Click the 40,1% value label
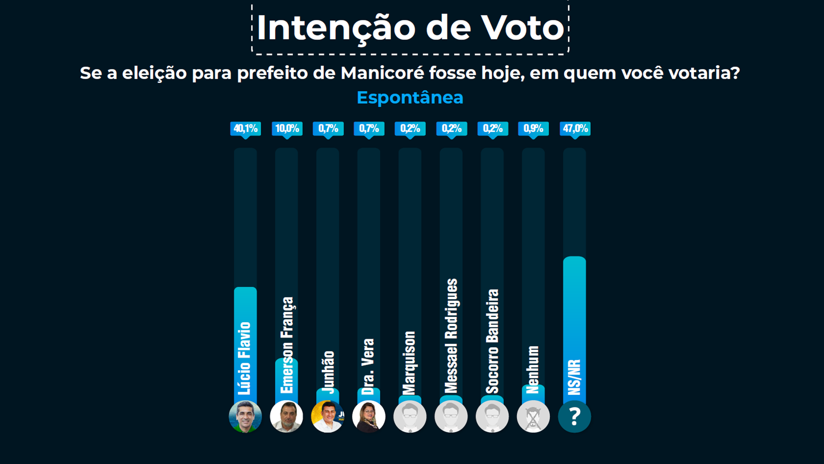[245, 129]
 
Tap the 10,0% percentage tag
[287, 129]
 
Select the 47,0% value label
[575, 129]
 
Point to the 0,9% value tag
[533, 129]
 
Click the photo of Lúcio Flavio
[245, 416]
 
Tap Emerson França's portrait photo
[286, 416]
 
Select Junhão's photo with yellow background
[327, 416]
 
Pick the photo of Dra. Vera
[369, 416]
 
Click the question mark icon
[574, 416]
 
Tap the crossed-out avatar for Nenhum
[533, 416]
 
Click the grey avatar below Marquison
[410, 416]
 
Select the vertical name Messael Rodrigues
[451, 336]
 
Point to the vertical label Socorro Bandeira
[492, 341]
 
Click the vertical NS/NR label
[574, 377]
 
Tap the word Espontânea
[410, 98]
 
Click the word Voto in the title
[522, 28]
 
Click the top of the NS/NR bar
[574, 257]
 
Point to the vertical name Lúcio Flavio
[245, 358]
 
